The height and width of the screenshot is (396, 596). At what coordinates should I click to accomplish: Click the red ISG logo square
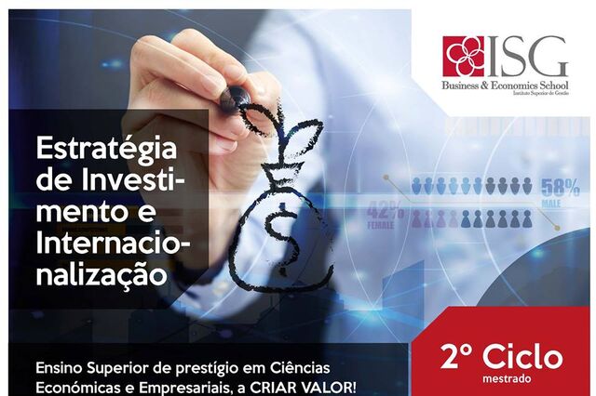tap(464, 57)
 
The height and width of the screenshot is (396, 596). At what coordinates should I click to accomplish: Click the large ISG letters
tap(527, 56)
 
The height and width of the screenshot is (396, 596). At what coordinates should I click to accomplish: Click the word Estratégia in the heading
tap(106, 150)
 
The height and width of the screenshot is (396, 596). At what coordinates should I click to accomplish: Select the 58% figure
tap(561, 188)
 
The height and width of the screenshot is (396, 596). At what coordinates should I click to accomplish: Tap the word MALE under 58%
tap(551, 205)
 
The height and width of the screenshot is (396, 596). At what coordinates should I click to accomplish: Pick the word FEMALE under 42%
tap(381, 225)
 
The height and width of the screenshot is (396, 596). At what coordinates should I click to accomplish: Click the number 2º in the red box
tap(456, 357)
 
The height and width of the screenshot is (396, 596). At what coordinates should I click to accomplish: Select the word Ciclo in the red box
tap(523, 357)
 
